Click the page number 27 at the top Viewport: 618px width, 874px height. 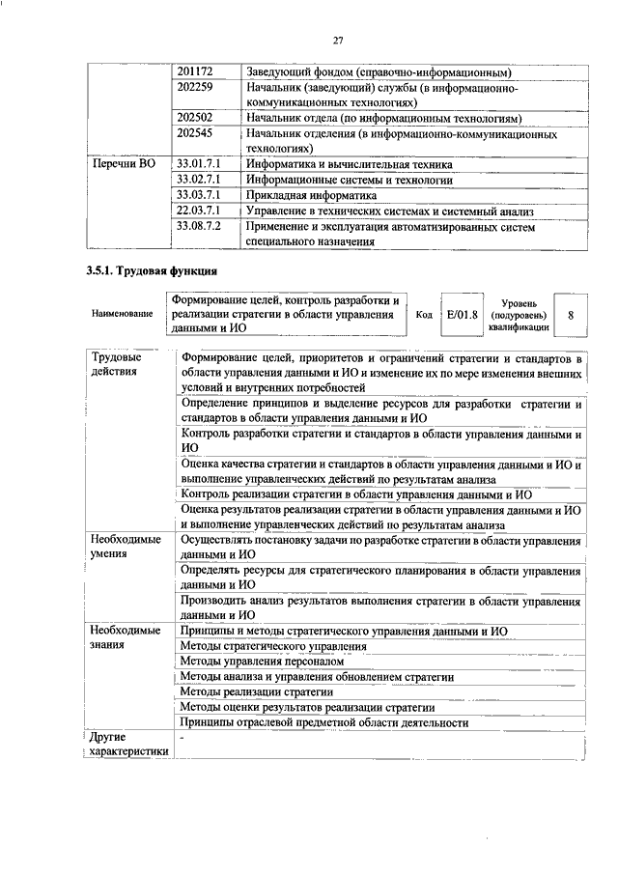[x=339, y=40]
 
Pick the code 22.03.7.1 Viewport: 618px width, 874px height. [x=200, y=210]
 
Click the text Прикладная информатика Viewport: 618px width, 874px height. [x=309, y=195]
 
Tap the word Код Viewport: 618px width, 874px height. [x=423, y=315]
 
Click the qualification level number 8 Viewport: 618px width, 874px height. [x=571, y=315]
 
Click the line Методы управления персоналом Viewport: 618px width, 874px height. [x=262, y=662]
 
